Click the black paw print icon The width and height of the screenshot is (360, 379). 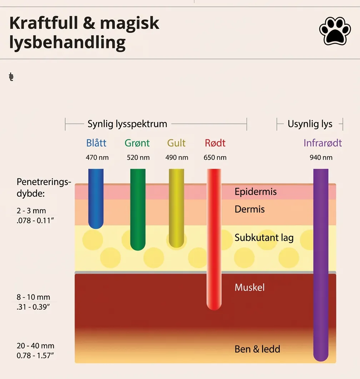click(x=335, y=31)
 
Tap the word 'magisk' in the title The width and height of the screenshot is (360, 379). click(x=129, y=24)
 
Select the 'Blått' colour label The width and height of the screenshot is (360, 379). click(x=96, y=143)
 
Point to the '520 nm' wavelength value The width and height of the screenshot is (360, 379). click(x=138, y=158)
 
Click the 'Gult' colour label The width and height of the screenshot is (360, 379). click(x=176, y=143)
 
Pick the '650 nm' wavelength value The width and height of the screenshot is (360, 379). click(x=215, y=158)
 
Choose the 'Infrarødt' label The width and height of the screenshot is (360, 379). click(x=323, y=143)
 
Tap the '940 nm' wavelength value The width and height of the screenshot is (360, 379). click(x=321, y=158)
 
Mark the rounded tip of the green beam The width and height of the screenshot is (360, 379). click(x=137, y=250)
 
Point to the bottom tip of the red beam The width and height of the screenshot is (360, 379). click(x=214, y=310)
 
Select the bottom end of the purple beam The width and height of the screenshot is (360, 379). click(x=321, y=361)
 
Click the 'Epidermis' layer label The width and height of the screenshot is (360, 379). click(x=255, y=192)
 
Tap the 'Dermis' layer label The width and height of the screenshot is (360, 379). click(x=250, y=209)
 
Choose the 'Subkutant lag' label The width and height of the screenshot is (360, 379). click(x=264, y=238)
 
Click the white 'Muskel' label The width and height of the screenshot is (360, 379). click(x=250, y=287)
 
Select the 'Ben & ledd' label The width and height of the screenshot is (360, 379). click(x=257, y=349)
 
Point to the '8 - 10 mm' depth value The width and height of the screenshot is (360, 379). click(x=33, y=297)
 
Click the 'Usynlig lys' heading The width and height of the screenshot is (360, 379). click(x=310, y=124)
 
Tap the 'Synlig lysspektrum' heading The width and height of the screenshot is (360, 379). click(x=127, y=124)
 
